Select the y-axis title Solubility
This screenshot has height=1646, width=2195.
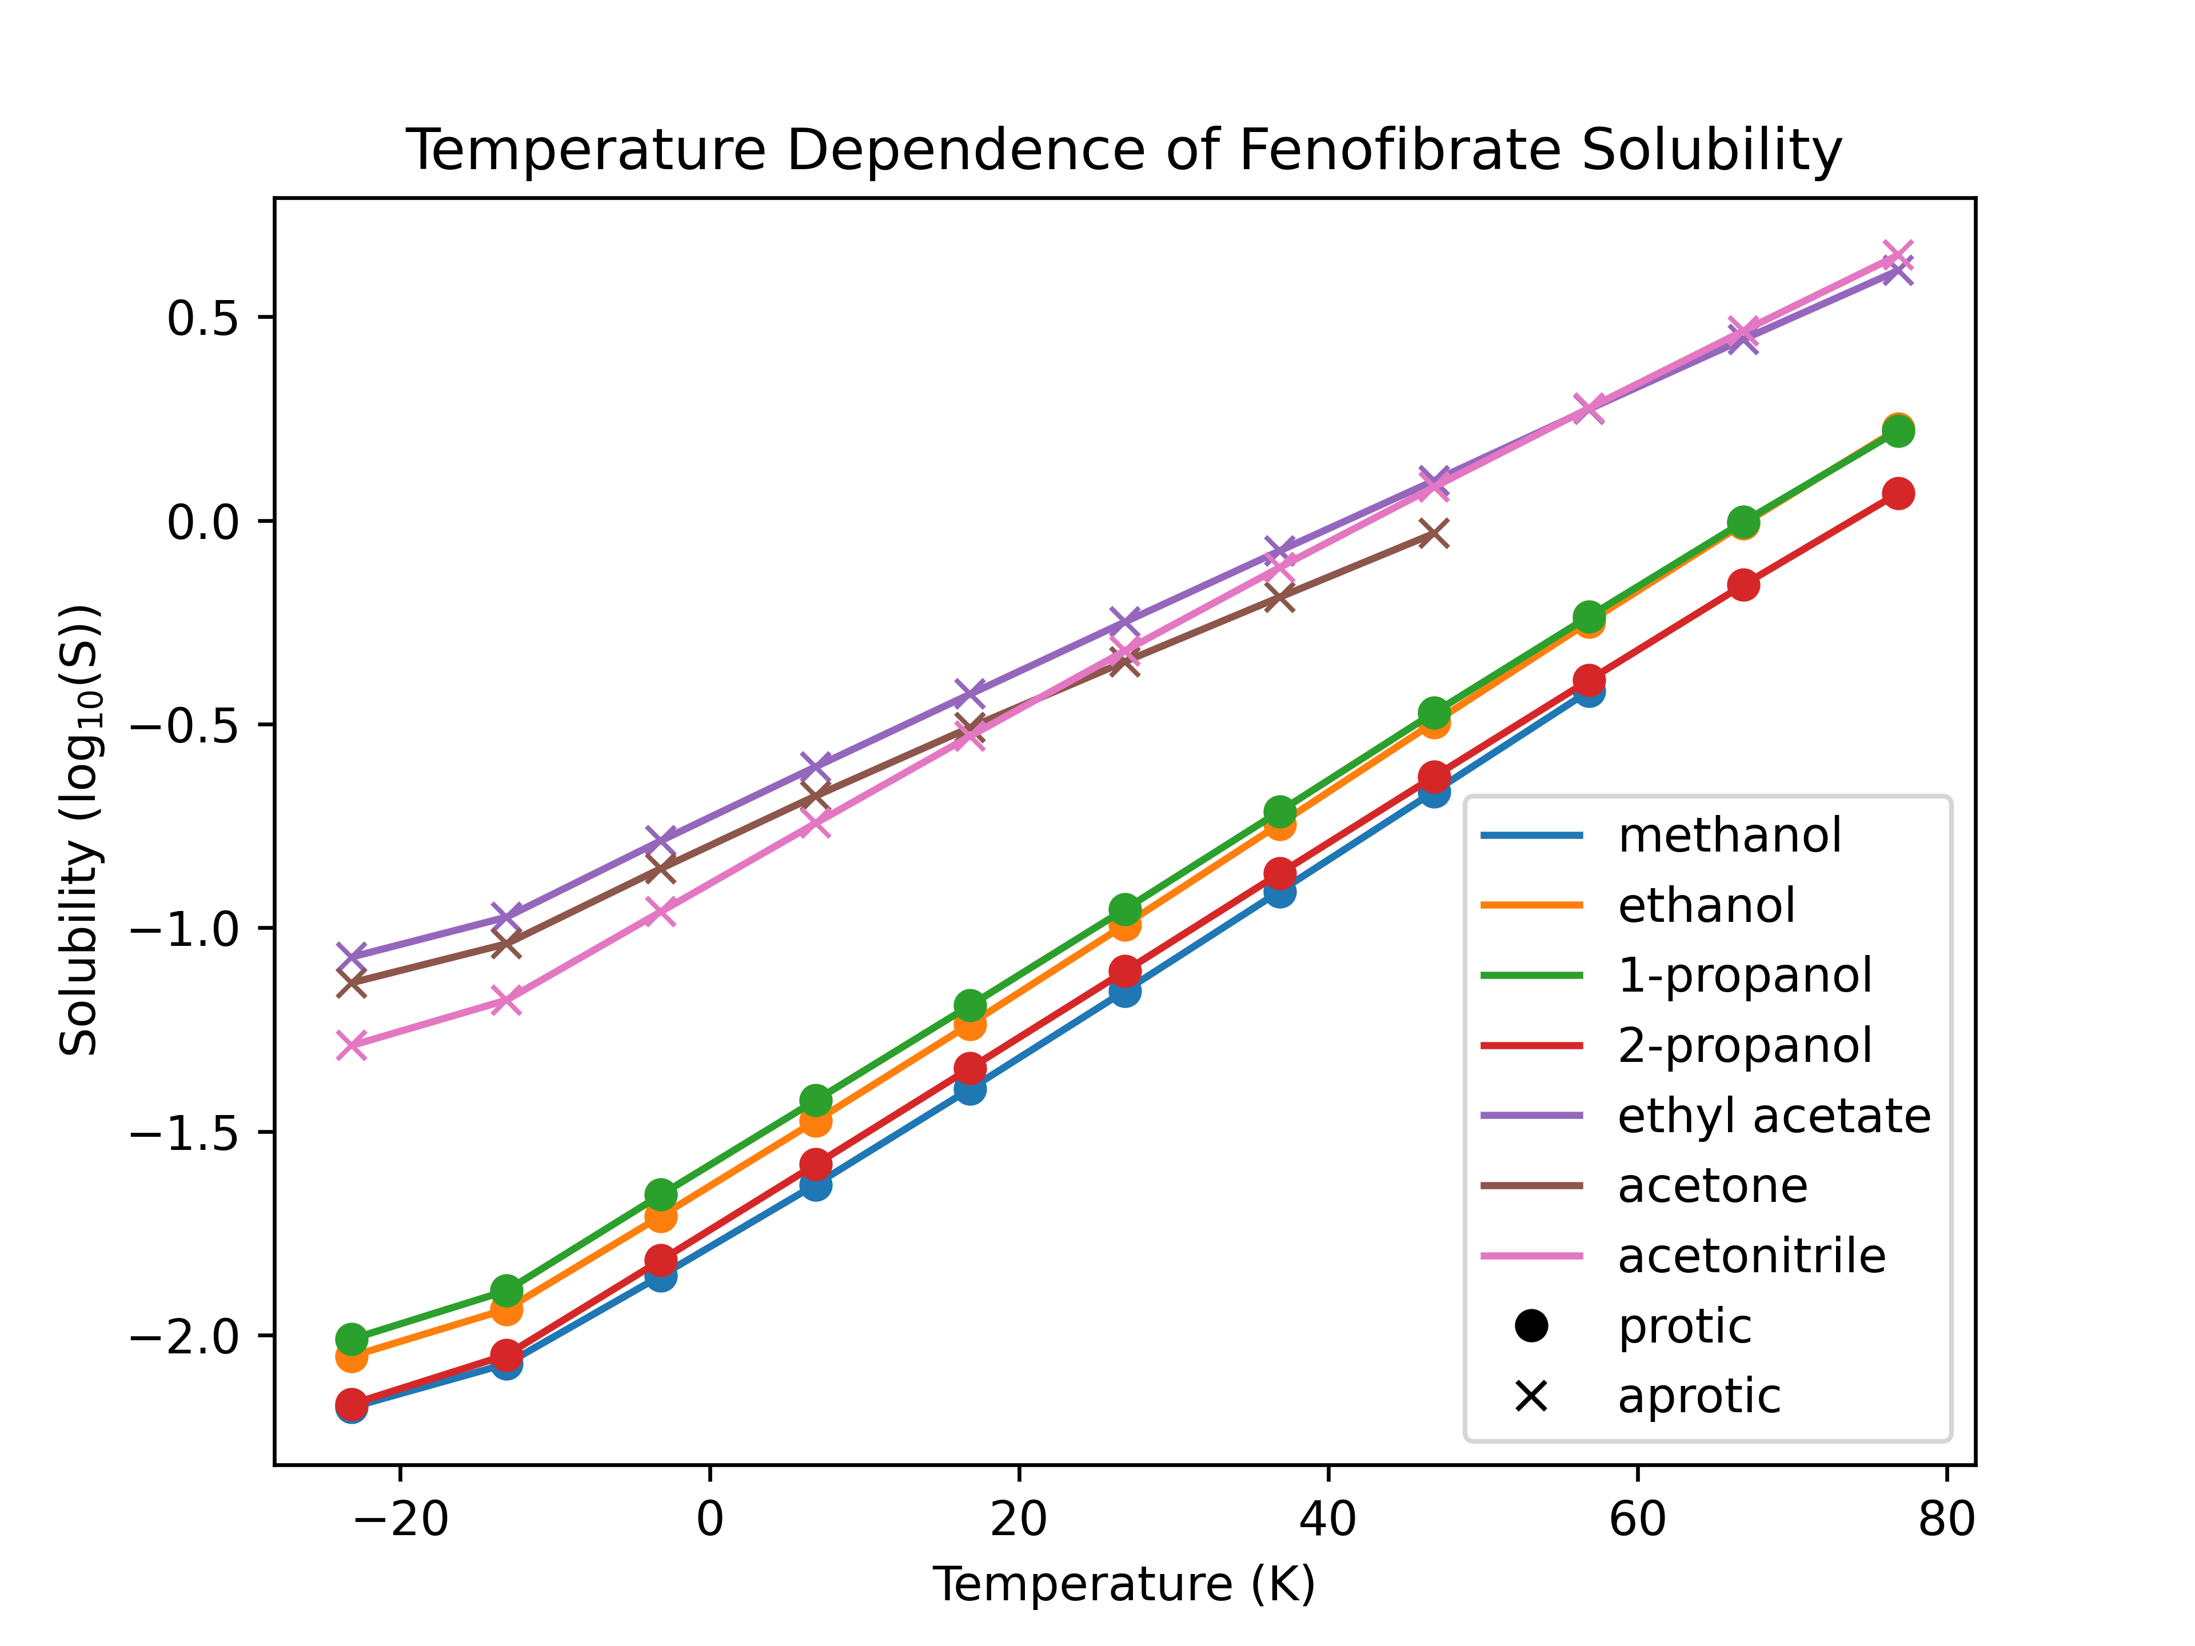[79, 829]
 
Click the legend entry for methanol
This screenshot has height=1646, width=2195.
[1729, 836]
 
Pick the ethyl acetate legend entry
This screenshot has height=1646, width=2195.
[1773, 1116]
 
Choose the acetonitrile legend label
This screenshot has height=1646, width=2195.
[1751, 1256]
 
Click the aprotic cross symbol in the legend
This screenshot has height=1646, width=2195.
[1531, 1397]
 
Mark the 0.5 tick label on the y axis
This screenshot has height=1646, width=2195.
[203, 318]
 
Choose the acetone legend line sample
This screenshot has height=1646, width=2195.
[1531, 1186]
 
